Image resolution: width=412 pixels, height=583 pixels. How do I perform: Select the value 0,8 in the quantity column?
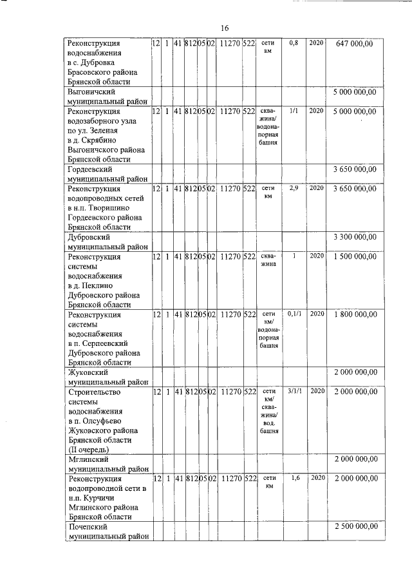pyautogui.click(x=294, y=43)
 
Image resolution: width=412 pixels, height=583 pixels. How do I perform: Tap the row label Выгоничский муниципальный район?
pyautogui.click(x=108, y=97)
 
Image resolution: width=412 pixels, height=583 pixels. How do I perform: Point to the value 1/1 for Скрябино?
pyautogui.click(x=294, y=111)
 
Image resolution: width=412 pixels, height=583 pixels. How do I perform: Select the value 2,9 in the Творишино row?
pyautogui.click(x=294, y=188)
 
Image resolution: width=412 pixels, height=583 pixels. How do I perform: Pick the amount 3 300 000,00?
pyautogui.click(x=354, y=236)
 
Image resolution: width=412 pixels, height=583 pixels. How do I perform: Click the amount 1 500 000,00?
pyautogui.click(x=354, y=256)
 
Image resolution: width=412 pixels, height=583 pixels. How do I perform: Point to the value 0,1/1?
pyautogui.click(x=294, y=314)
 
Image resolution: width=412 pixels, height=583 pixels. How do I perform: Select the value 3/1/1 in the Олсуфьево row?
pyautogui.click(x=294, y=391)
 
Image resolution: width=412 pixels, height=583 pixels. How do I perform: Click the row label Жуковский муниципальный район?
pyautogui.click(x=108, y=377)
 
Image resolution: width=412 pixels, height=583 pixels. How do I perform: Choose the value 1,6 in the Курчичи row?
pyautogui.click(x=294, y=479)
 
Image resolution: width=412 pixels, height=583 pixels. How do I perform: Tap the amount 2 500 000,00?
pyautogui.click(x=354, y=527)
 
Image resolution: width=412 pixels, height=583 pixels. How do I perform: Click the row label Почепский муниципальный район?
pyautogui.click(x=108, y=531)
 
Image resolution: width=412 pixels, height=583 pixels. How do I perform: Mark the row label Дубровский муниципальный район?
pyautogui.click(x=108, y=242)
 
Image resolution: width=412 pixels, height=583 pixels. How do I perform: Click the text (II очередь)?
pyautogui.click(x=89, y=449)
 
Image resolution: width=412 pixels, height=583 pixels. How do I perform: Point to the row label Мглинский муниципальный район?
pyautogui.click(x=108, y=464)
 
